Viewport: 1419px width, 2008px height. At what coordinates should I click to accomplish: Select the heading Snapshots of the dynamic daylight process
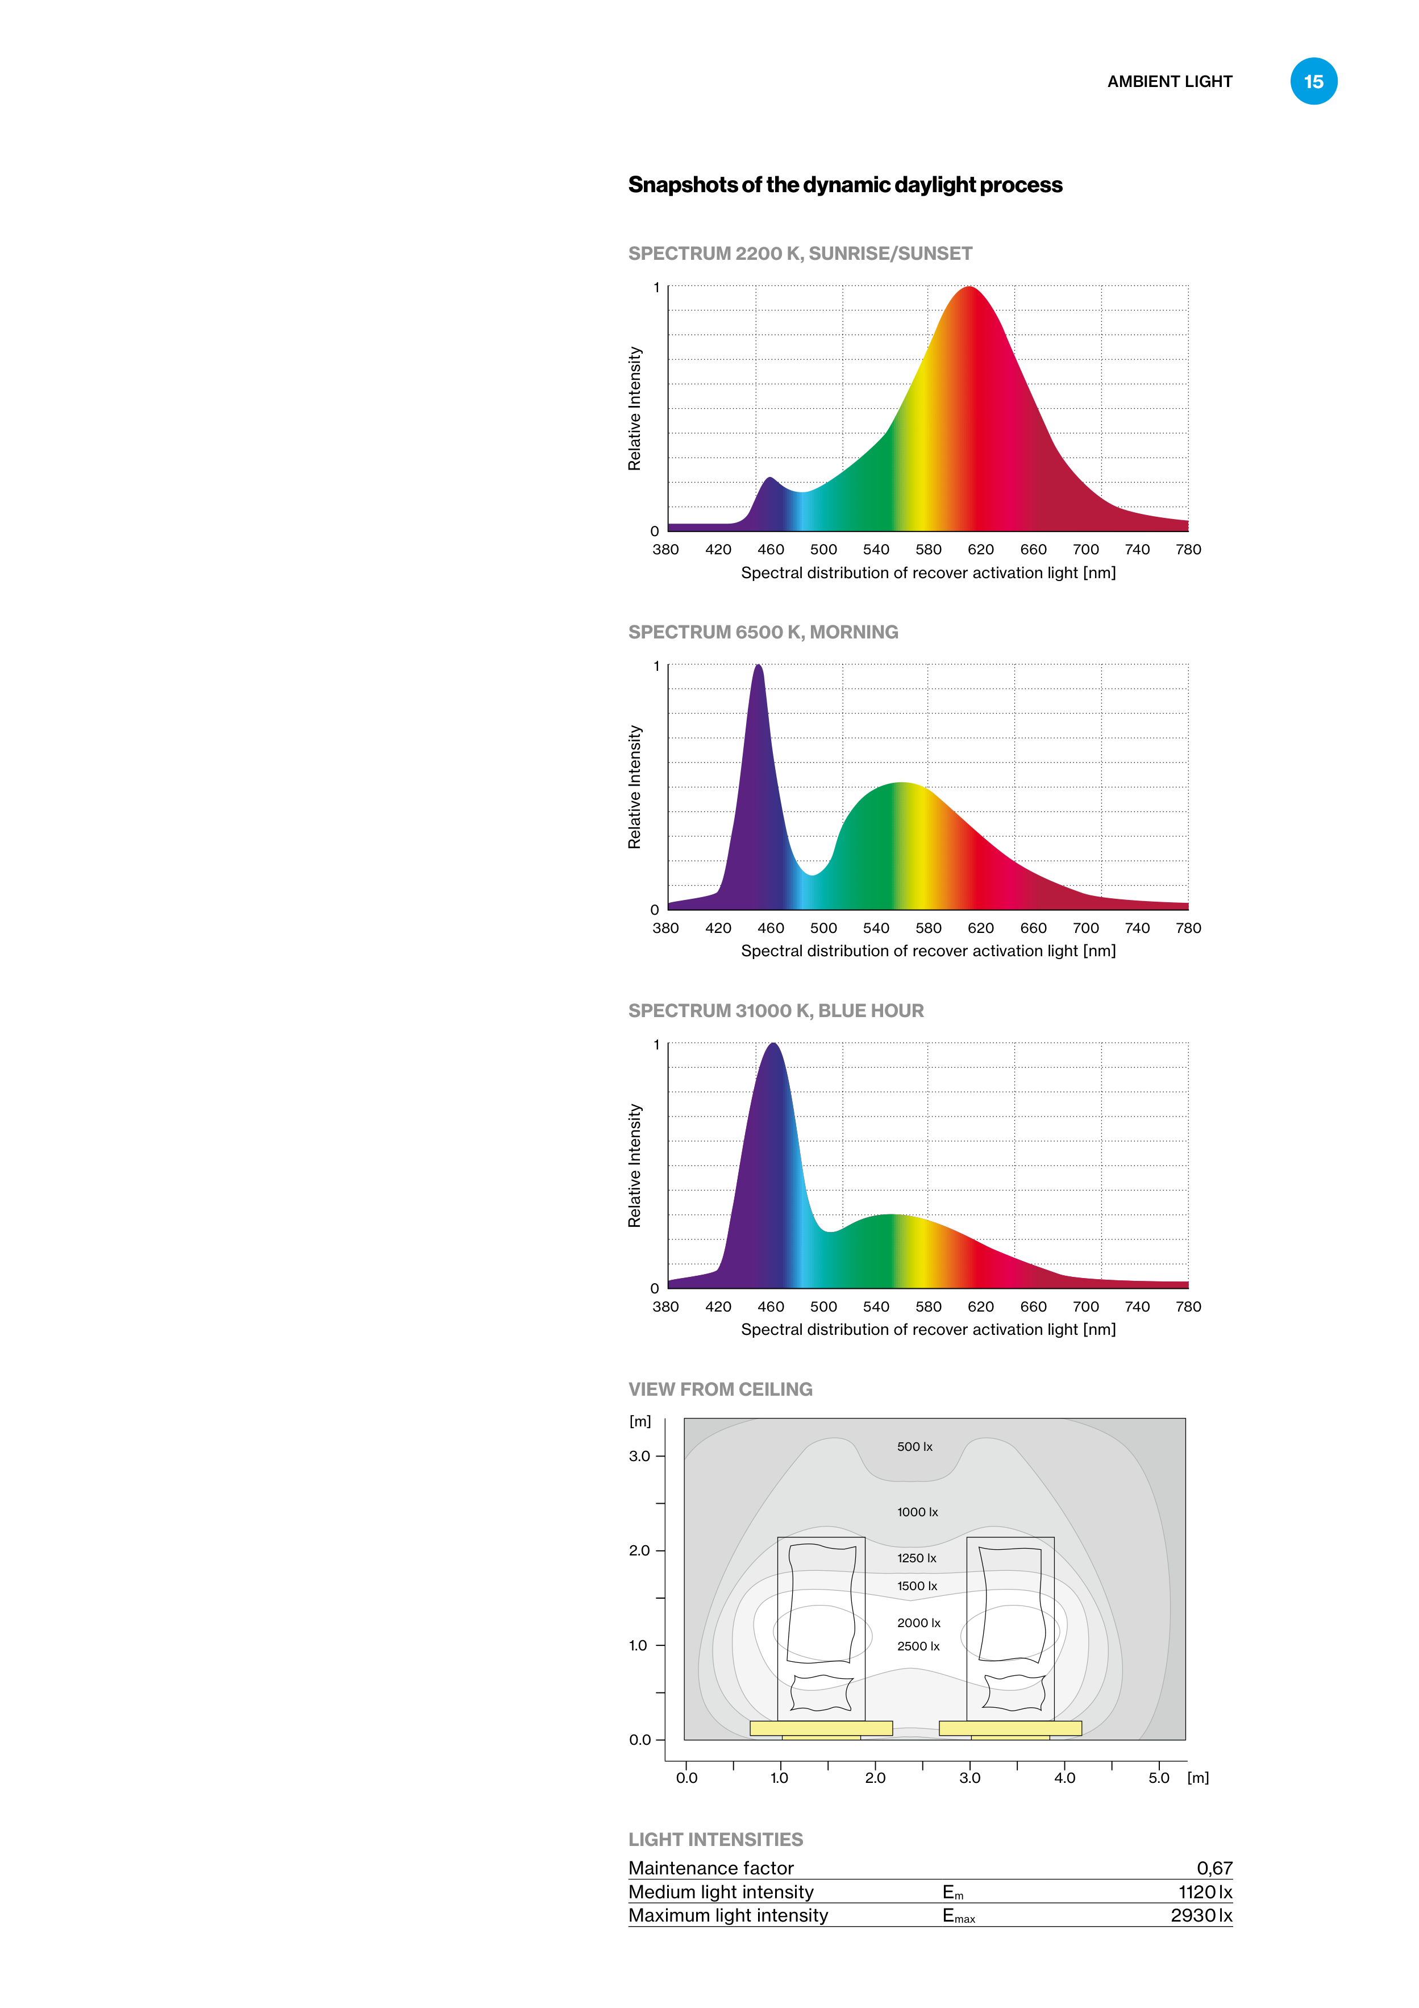point(844,185)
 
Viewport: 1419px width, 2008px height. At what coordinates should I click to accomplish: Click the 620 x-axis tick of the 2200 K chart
point(980,549)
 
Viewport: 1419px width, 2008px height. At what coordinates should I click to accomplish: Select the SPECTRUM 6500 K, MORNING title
point(763,632)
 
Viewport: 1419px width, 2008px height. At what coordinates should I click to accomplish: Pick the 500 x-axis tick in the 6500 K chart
point(823,928)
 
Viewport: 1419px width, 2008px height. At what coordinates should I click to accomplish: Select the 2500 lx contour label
point(918,1646)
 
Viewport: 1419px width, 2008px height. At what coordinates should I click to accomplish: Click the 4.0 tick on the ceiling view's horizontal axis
point(1064,1778)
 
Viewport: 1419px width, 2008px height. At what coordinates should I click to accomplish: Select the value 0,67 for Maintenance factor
point(1214,1868)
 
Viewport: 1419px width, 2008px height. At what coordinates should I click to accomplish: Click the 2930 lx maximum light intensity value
point(1201,1915)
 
